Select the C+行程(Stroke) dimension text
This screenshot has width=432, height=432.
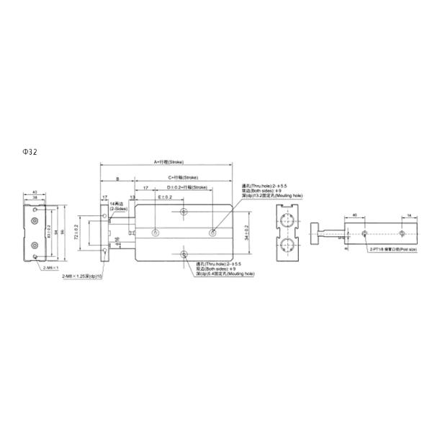tap(182, 176)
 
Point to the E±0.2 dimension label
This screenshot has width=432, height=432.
tap(164, 197)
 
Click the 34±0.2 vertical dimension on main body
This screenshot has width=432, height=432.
tap(246, 233)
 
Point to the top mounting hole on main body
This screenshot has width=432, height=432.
tap(185, 212)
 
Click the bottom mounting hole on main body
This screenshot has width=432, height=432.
tap(185, 255)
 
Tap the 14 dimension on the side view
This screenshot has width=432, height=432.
tap(410, 215)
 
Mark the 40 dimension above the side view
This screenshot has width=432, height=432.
tap(355, 215)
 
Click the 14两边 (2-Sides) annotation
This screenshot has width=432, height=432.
tap(117, 206)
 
